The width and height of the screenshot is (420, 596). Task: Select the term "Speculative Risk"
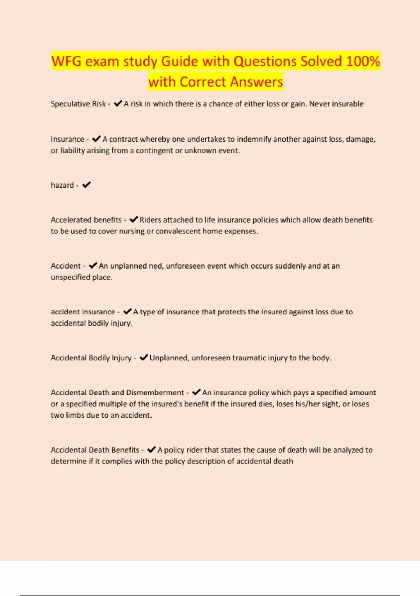(78, 104)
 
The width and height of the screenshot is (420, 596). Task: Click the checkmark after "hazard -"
(86, 185)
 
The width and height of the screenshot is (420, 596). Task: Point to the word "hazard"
(62, 185)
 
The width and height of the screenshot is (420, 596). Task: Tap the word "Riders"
(150, 220)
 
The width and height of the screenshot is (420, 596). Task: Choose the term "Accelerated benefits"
(86, 220)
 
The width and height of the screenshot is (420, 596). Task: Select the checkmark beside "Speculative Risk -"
(118, 103)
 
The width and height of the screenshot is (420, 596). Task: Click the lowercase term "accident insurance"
(83, 312)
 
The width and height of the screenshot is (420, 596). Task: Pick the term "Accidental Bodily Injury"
(91, 358)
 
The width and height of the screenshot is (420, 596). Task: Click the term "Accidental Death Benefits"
(95, 450)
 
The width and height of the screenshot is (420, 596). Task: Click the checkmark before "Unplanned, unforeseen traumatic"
(144, 358)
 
